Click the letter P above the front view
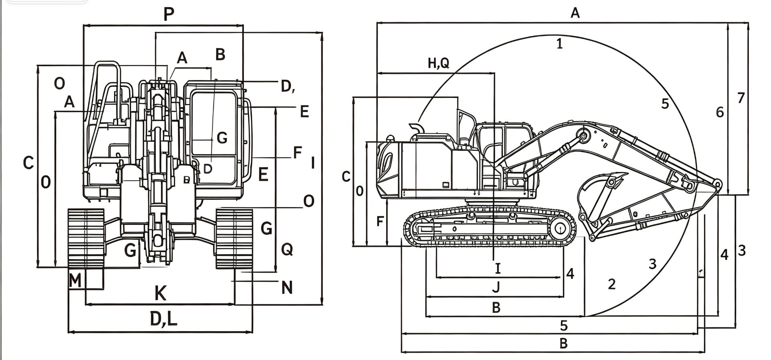pyautogui.click(x=169, y=14)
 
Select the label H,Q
pyautogui.click(x=439, y=63)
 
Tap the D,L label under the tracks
pyautogui.click(x=163, y=319)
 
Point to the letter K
pyautogui.click(x=161, y=293)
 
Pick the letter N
pyautogui.click(x=287, y=287)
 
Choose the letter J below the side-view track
pyautogui.click(x=496, y=287)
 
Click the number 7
pyautogui.click(x=741, y=98)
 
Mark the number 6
pyautogui.click(x=720, y=112)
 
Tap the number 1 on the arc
pyautogui.click(x=560, y=43)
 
